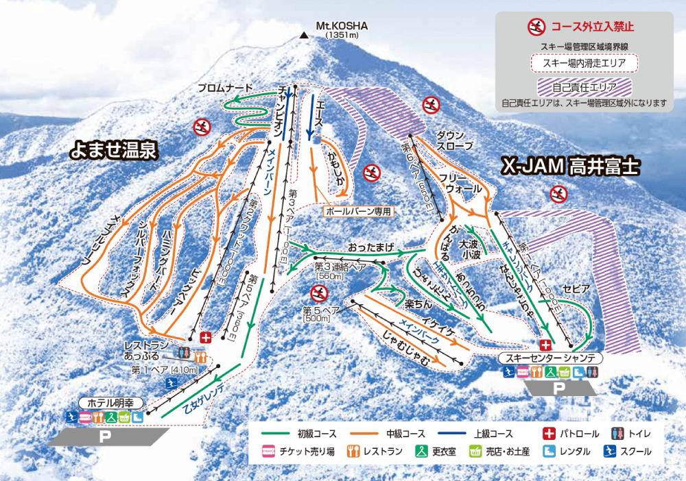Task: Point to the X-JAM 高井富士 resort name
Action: click(x=571, y=166)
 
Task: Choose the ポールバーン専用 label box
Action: click(x=358, y=212)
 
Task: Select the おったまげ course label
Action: click(x=371, y=245)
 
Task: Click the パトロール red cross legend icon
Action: click(x=548, y=434)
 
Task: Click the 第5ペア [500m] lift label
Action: click(x=316, y=314)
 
